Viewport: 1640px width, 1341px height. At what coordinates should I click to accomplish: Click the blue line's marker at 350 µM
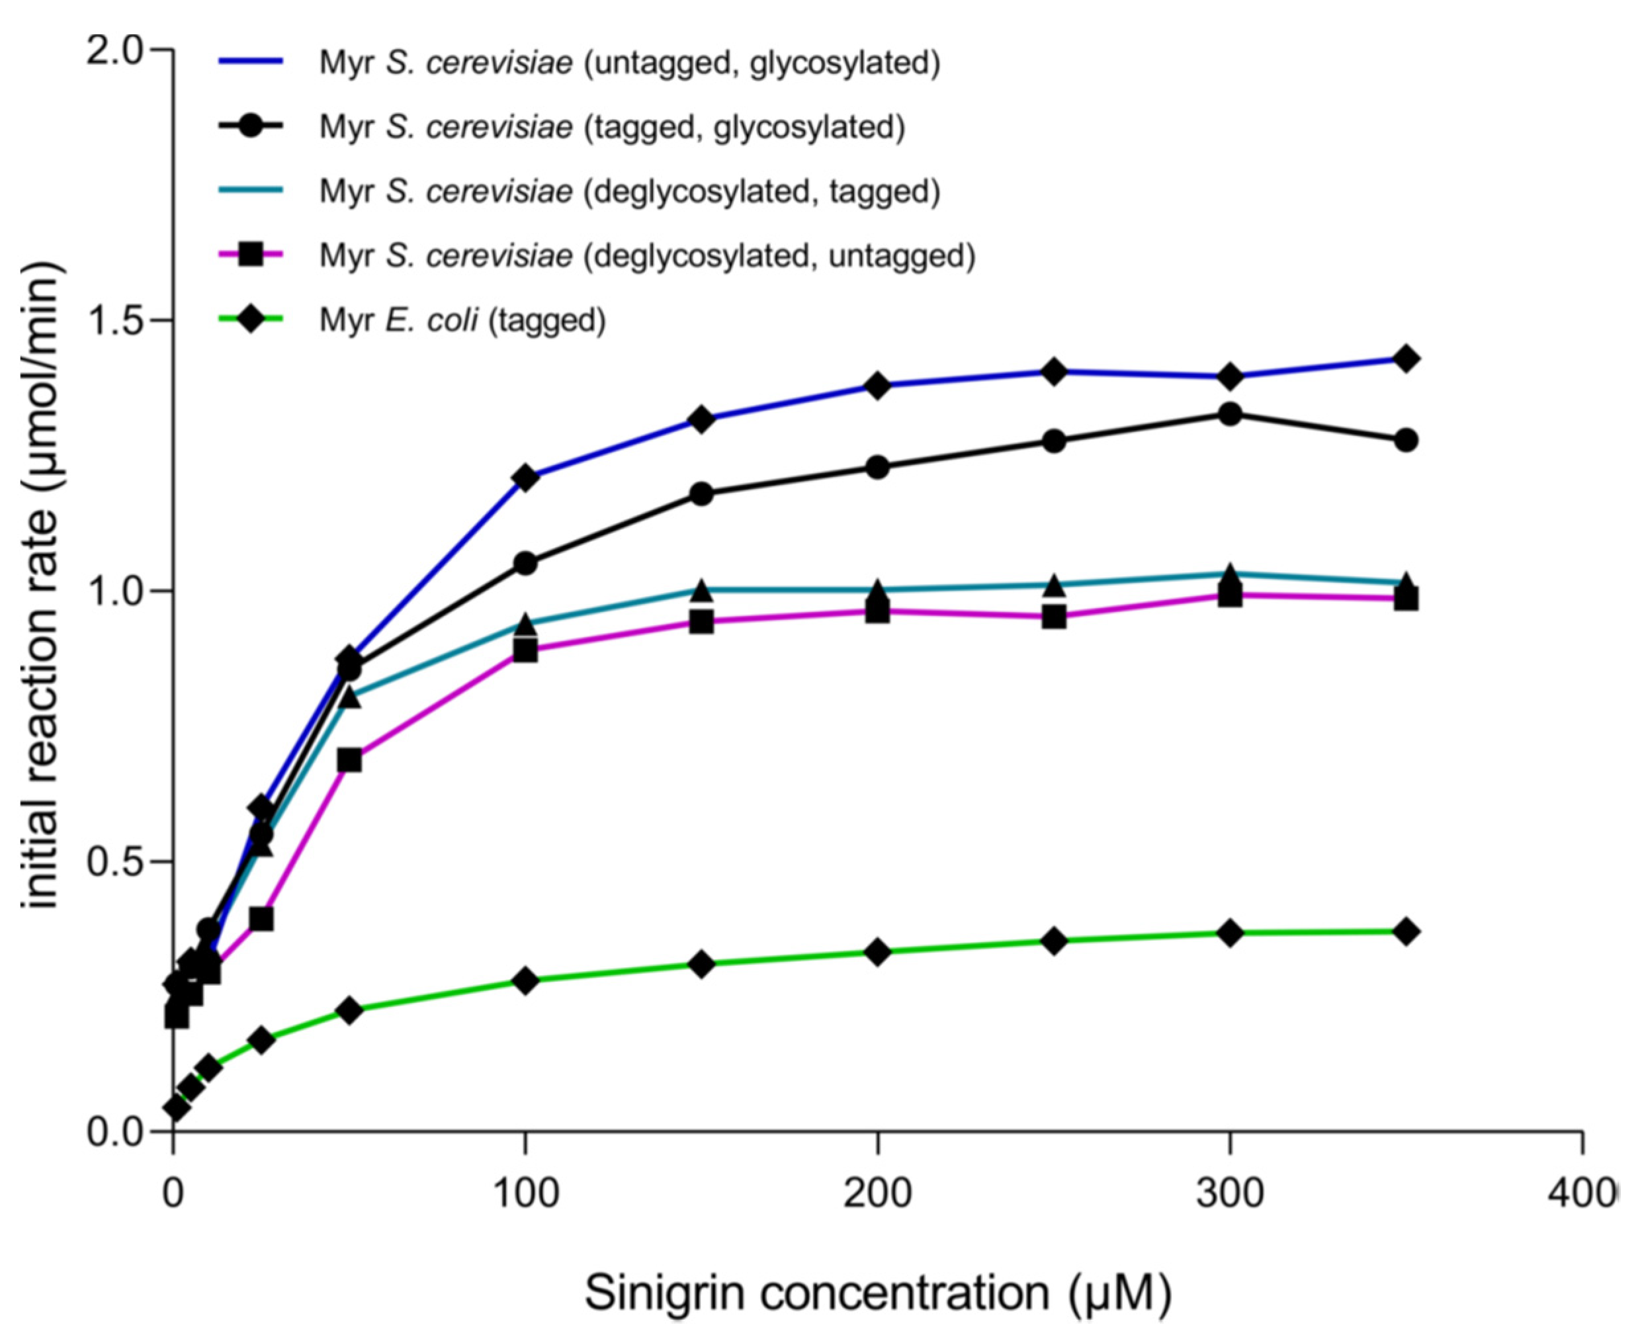pyautogui.click(x=1406, y=359)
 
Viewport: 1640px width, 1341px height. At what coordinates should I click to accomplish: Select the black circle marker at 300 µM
pyautogui.click(x=1230, y=414)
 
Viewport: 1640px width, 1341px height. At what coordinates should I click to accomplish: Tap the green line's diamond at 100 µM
pyautogui.click(x=525, y=981)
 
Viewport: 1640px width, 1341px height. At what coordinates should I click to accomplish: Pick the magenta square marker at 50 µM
pyautogui.click(x=349, y=761)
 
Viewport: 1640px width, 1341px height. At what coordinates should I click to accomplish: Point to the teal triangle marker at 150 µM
pyautogui.click(x=701, y=591)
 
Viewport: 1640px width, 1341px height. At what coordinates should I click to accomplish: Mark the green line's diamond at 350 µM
pyautogui.click(x=1406, y=931)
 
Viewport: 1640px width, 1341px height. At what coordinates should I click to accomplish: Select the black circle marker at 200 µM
pyautogui.click(x=877, y=467)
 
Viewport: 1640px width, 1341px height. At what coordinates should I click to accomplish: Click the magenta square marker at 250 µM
pyautogui.click(x=1054, y=617)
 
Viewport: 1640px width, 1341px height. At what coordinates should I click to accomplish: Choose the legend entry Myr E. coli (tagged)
pyautogui.click(x=462, y=319)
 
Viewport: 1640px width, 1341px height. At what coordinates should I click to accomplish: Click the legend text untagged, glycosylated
pyautogui.click(x=761, y=63)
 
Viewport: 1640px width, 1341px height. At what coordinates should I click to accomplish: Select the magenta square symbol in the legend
pyautogui.click(x=251, y=255)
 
